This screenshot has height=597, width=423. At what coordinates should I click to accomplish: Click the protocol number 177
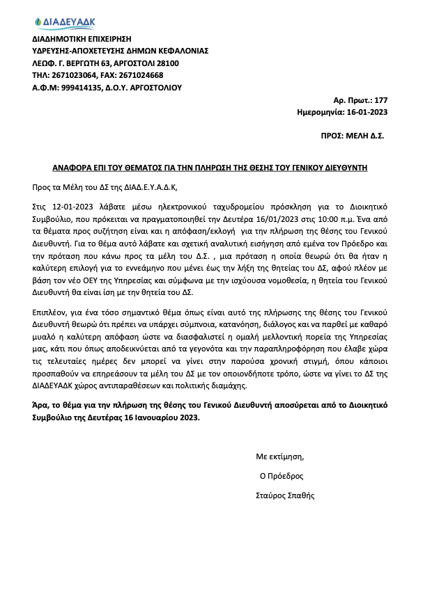coord(381,100)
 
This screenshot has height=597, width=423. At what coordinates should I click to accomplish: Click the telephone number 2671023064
coord(76,76)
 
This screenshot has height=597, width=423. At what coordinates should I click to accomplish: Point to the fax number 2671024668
coord(140,76)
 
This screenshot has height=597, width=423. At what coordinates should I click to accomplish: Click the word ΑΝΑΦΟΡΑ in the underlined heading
coord(74,168)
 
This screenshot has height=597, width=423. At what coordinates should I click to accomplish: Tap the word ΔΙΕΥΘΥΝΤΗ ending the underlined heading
coord(344,168)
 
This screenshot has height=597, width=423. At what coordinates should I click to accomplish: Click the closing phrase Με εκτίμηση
coord(280,457)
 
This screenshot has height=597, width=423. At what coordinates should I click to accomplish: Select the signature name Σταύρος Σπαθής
coord(286,496)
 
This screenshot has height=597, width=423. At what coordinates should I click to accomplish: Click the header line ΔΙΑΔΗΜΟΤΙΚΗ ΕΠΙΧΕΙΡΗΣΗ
coord(82,38)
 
